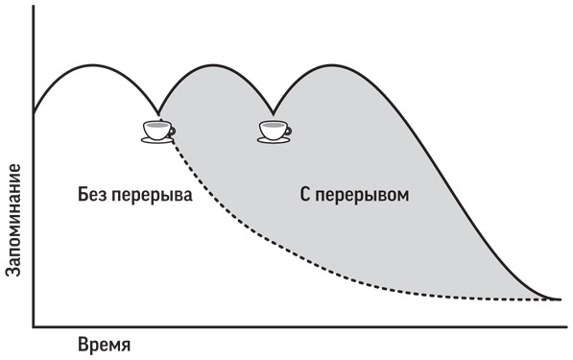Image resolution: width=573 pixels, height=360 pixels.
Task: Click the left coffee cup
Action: coord(156,130)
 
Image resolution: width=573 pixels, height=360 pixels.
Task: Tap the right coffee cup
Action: coord(274,131)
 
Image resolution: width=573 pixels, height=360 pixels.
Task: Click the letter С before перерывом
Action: coord(293,195)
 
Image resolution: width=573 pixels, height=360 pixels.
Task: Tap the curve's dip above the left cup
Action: coord(159,109)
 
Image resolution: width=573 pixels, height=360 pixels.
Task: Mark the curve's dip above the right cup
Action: coord(274,110)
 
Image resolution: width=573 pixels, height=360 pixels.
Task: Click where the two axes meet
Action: coord(35,325)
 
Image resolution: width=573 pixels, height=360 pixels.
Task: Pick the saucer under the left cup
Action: coord(155,140)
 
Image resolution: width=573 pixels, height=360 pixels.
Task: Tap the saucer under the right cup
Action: coord(274,141)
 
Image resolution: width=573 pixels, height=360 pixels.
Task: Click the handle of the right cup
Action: coord(288,130)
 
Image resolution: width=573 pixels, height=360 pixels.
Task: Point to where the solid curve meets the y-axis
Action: coord(35,109)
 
